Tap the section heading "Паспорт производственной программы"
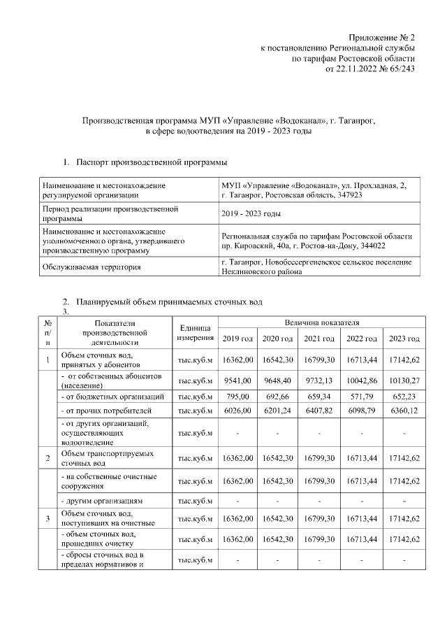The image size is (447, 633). click(152, 163)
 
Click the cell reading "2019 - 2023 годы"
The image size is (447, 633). click(251, 213)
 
